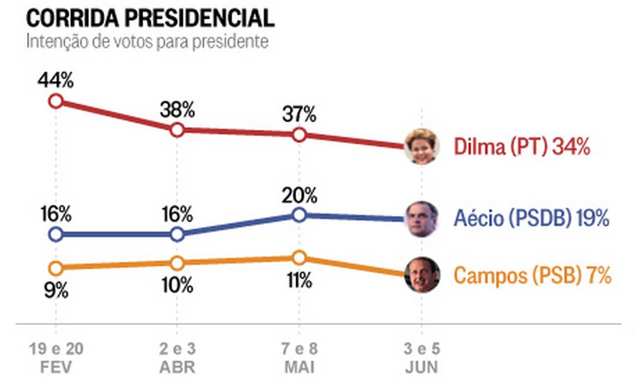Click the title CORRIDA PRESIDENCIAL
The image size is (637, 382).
pos(150,18)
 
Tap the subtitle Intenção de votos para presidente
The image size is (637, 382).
pos(147,43)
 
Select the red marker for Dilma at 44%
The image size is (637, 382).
pos(55,101)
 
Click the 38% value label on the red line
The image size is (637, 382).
pos(177,110)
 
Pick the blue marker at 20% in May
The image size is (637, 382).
pos(299,215)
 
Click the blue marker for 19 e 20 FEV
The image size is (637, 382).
pos(55,235)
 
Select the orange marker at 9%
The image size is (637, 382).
pos(55,268)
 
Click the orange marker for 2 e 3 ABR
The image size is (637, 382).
pos(177,263)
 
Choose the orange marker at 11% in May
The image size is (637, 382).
pos(299,258)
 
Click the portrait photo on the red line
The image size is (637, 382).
pos(422,146)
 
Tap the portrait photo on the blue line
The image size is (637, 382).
pos(422,219)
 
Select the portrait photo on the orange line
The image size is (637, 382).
pos(422,274)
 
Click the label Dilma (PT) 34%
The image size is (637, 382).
pos(521,146)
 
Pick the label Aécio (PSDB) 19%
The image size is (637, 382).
pos(531,219)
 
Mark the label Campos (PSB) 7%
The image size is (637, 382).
pos(533,275)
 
